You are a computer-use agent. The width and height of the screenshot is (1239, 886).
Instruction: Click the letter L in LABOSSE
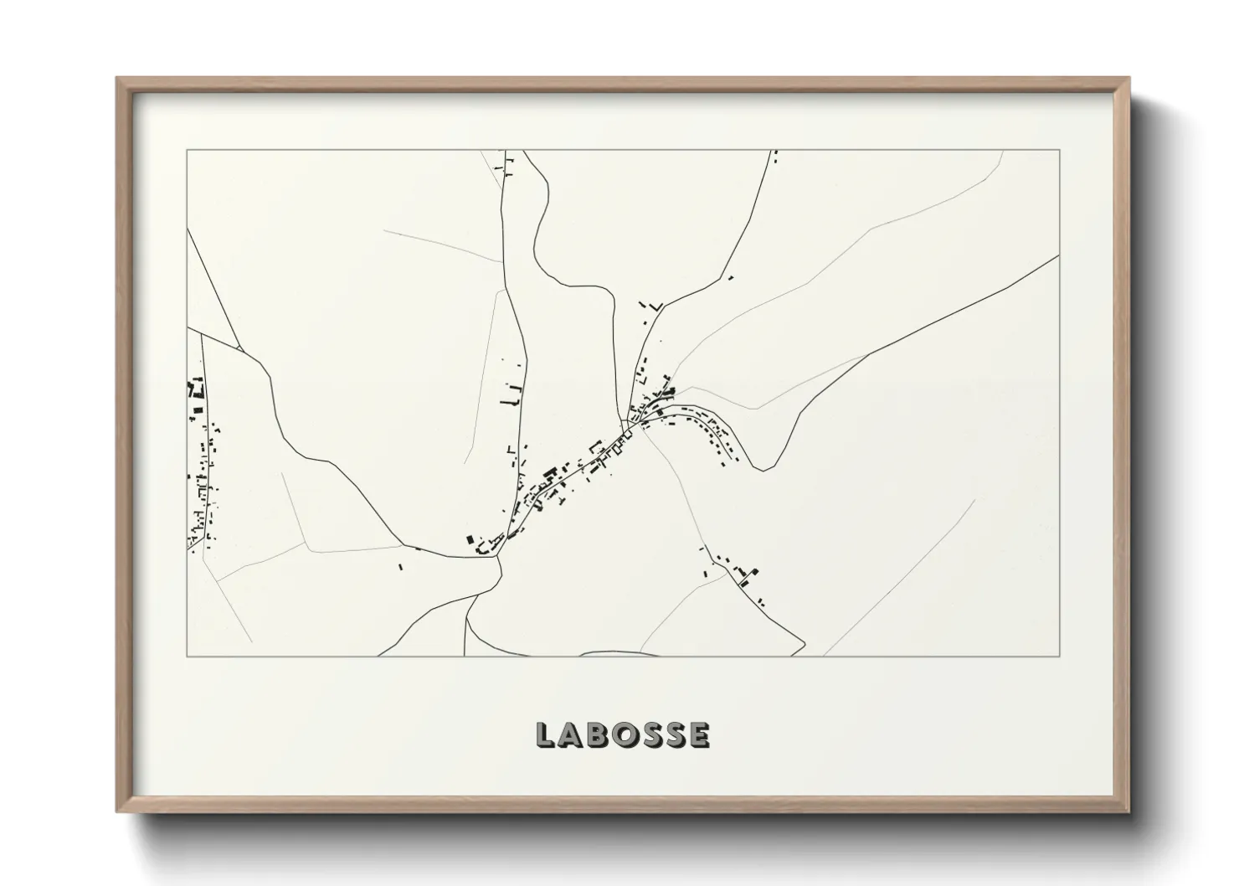click(545, 735)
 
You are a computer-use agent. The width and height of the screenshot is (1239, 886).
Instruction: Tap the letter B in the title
click(599, 735)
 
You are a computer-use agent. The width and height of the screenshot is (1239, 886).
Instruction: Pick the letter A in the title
click(572, 735)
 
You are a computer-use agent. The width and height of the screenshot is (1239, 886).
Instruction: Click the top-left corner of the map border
click(187, 151)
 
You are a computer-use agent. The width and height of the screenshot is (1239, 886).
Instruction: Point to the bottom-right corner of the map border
click(1060, 656)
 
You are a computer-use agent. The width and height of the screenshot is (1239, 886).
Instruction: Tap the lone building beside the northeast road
click(731, 278)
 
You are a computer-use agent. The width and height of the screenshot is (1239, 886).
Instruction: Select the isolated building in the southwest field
click(399, 567)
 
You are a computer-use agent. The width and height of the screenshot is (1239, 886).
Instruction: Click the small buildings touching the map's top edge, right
click(774, 156)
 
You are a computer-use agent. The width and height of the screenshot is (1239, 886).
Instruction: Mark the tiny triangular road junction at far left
click(239, 347)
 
